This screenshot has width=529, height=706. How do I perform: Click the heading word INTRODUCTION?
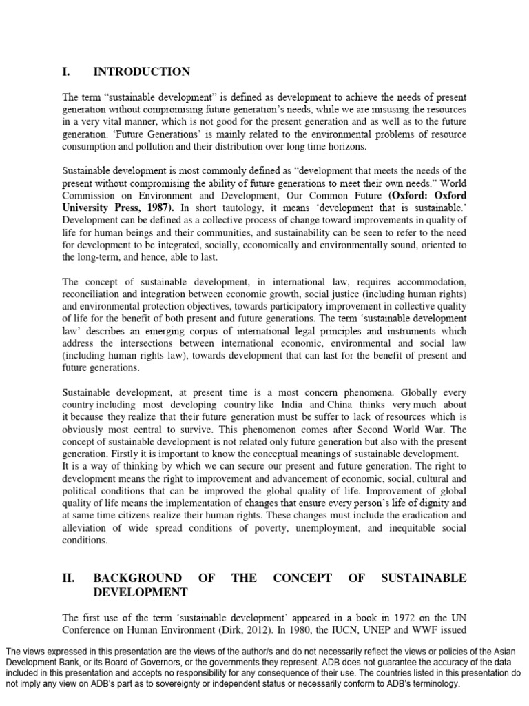pos(142,72)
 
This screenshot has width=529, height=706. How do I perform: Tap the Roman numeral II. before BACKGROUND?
pos(69,578)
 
